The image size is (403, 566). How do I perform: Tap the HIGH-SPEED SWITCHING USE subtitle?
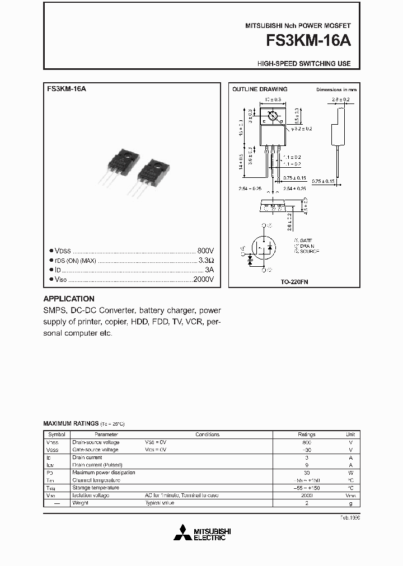(304, 64)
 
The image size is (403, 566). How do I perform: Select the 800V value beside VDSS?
(205, 251)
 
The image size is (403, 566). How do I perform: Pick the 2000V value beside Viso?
(203, 279)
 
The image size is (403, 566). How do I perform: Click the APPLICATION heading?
(69, 299)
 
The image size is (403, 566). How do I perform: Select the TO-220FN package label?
(294, 282)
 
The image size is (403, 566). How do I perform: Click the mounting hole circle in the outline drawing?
(273, 117)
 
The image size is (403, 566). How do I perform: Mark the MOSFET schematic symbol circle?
(263, 247)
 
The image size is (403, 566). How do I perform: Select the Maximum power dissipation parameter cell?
(104, 473)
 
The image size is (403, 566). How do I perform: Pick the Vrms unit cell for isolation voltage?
(350, 496)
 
